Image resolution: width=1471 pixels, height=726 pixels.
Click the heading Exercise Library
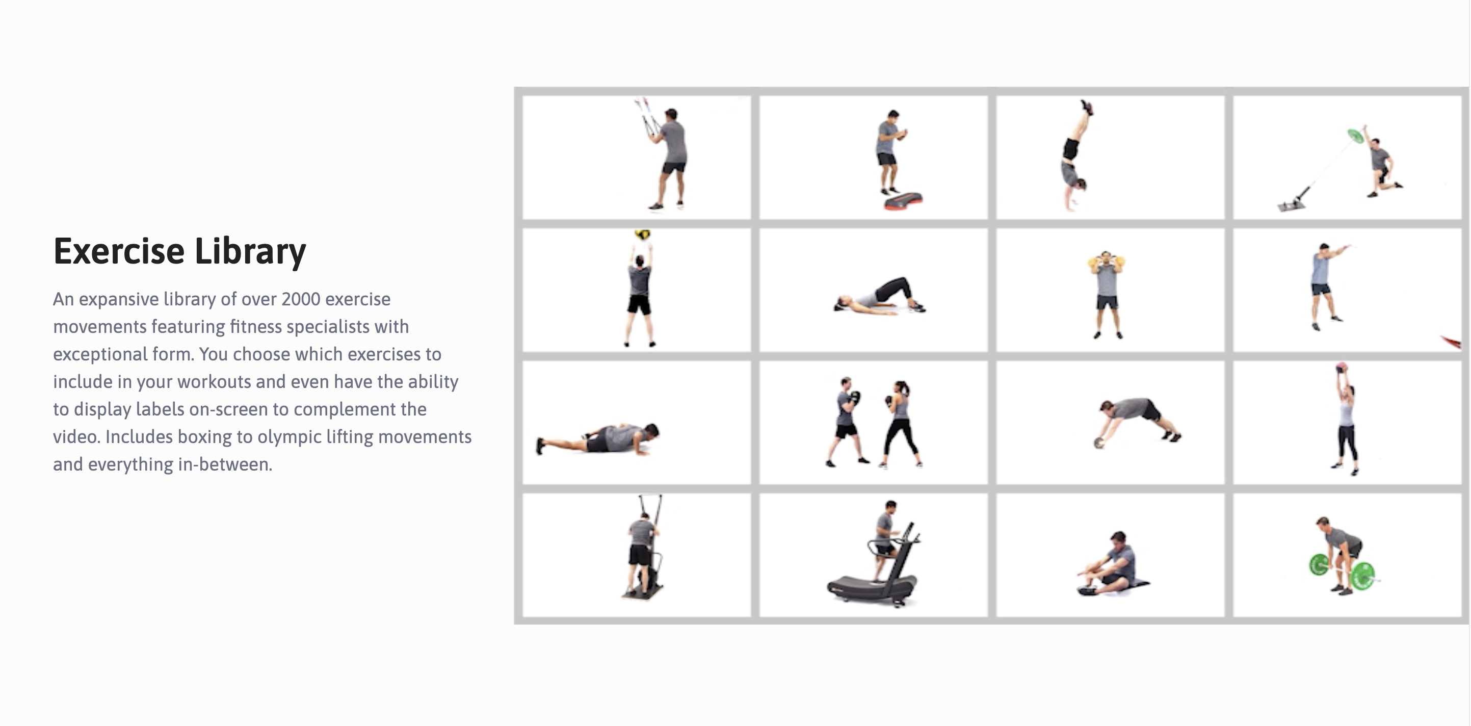[180, 251]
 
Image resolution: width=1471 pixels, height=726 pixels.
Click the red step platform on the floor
[903, 200]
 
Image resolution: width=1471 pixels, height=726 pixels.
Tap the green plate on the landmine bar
[1355, 136]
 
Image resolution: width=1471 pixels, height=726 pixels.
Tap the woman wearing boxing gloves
[901, 423]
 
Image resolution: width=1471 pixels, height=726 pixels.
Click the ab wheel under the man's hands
[1099, 443]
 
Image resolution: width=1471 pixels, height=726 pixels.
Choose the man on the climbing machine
[642, 549]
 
